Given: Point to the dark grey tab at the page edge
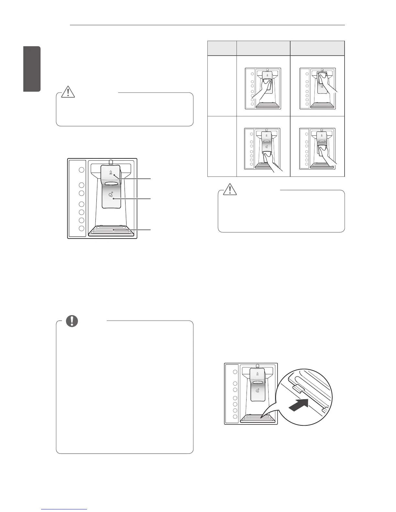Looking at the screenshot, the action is [32, 69].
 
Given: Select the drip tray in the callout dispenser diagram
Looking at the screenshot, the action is [113, 230].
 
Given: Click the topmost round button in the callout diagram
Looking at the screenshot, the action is [82, 170].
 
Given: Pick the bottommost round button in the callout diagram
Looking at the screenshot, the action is [82, 228].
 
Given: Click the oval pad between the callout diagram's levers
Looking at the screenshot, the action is [111, 184].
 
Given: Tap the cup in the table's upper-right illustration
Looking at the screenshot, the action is [322, 78].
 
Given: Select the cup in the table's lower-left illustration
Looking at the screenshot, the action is [267, 157].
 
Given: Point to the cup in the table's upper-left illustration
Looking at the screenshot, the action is [267, 86].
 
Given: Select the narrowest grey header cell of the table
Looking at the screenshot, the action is [222, 48].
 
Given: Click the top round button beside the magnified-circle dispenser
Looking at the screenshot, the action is [235, 372].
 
